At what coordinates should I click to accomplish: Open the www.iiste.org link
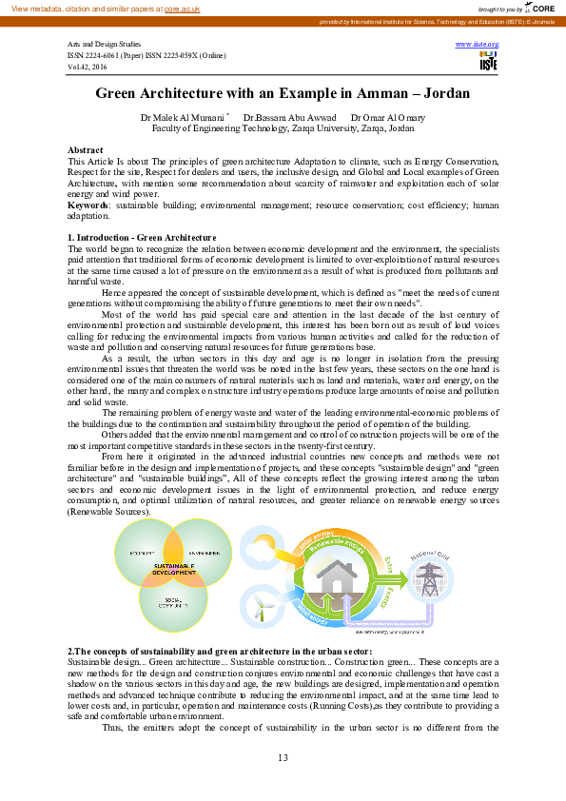[478, 45]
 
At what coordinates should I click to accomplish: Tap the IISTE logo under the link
[488, 62]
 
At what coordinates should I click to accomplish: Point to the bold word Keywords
[88, 205]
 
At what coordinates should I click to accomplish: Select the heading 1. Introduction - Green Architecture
[142, 236]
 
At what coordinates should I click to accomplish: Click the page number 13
[283, 757]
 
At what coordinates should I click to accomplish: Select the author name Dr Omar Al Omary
[388, 117]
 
